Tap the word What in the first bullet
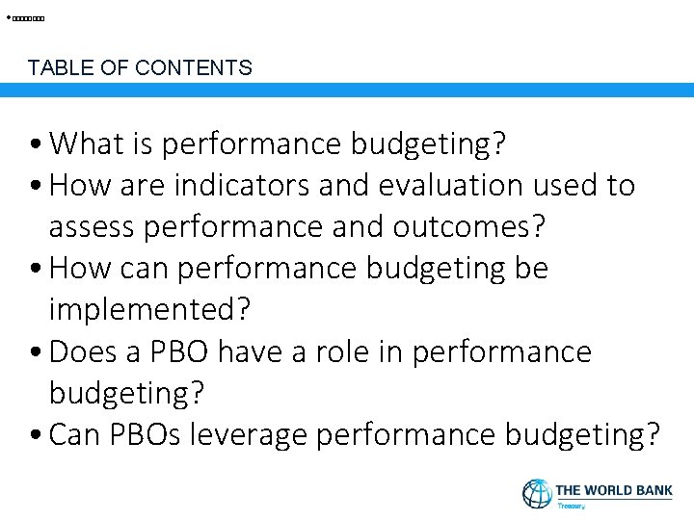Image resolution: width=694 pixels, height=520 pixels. pos(88,144)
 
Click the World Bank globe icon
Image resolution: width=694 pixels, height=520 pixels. pos(537,494)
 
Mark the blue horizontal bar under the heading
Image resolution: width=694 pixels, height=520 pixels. pos(347,90)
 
